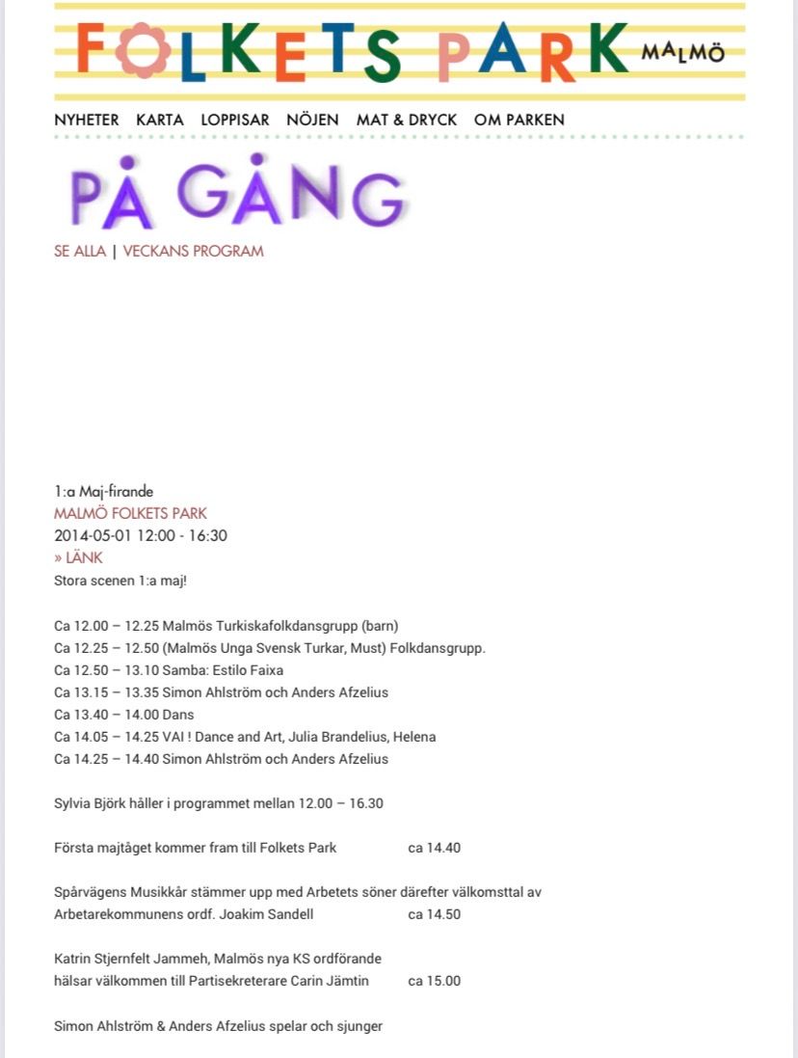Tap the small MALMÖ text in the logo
click(x=682, y=52)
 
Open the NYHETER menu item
click(x=87, y=120)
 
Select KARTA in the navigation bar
click(x=160, y=120)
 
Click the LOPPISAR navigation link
click(x=235, y=120)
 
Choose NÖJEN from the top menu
click(x=312, y=120)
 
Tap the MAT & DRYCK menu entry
click(x=407, y=120)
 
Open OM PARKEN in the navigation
click(x=519, y=120)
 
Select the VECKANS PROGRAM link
click(x=193, y=252)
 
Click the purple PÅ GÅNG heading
click(x=237, y=195)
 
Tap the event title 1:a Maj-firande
click(x=104, y=492)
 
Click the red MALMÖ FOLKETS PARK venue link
click(x=130, y=513)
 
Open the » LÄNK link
click(x=78, y=557)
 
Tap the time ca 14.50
click(x=435, y=914)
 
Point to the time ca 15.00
click(x=435, y=981)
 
